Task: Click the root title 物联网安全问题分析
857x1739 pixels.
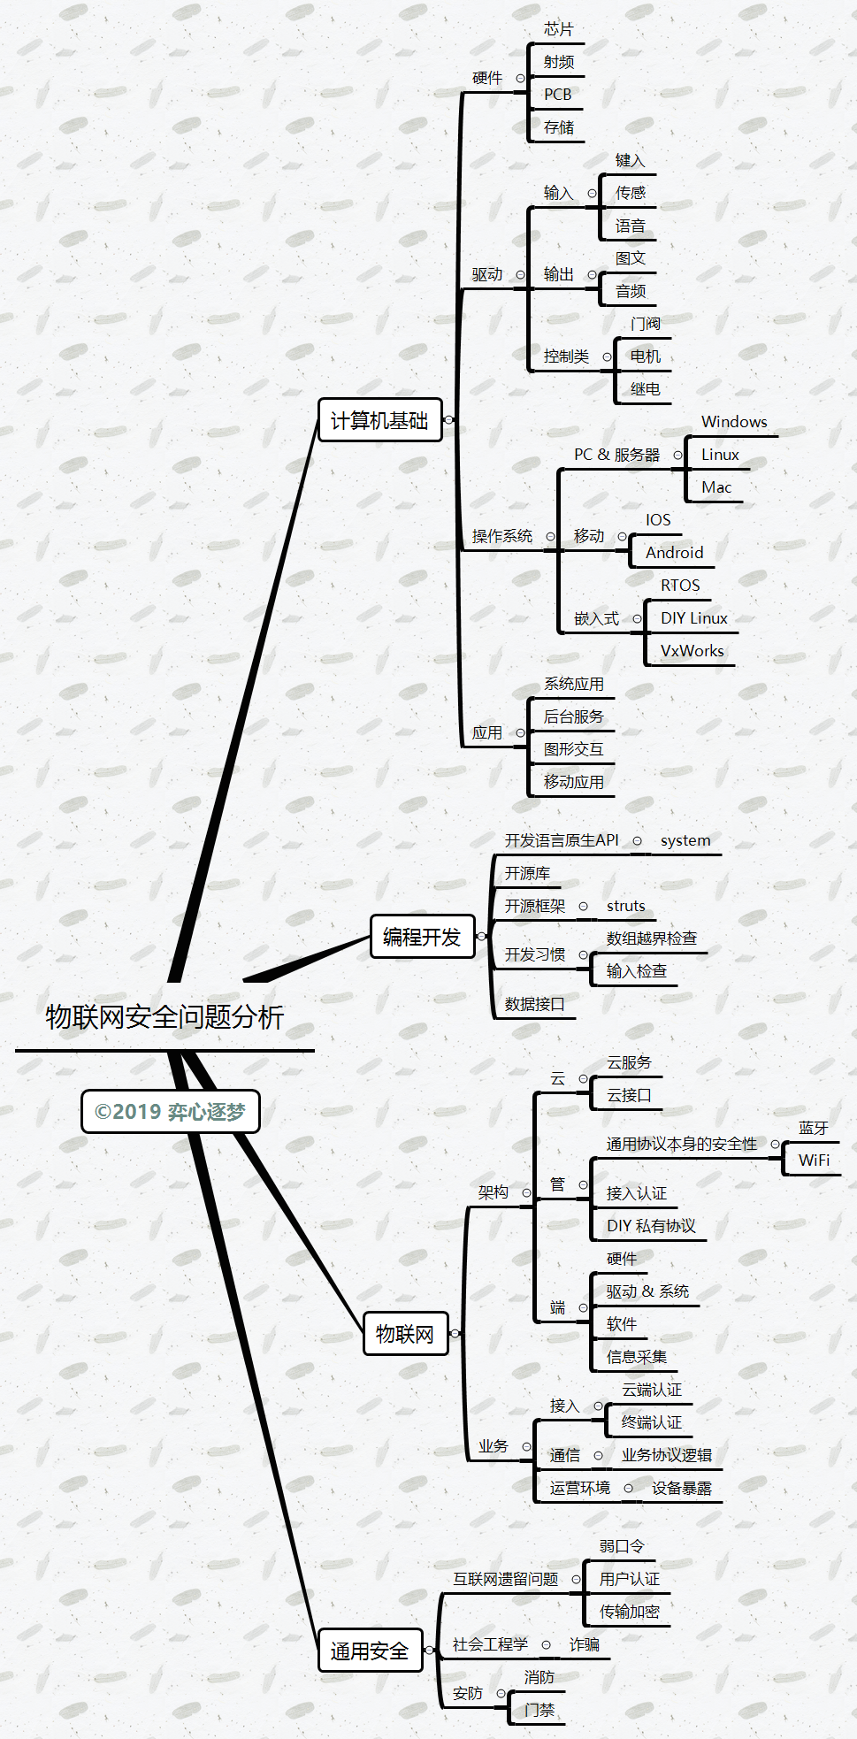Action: coord(165,1017)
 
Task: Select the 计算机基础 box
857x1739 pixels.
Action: coord(379,420)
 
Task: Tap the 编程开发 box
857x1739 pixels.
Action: coord(422,937)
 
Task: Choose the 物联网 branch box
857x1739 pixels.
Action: coord(405,1334)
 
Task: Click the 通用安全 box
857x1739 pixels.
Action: coord(370,1651)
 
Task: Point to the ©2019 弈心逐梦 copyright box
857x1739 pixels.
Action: coord(170,1112)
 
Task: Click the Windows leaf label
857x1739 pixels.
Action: coord(734,422)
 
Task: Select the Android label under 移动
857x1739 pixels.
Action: coord(674,553)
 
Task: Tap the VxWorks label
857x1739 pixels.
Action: coord(692,651)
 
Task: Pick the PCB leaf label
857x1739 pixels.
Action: coord(557,95)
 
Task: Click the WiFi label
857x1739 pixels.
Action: coord(814,1161)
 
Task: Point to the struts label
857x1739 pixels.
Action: coord(625,906)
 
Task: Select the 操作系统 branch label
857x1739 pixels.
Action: coord(502,536)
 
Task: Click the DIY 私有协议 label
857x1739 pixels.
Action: coord(651,1226)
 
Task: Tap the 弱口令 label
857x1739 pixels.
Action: coord(622,1546)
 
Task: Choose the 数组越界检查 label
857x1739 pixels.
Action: coord(651,938)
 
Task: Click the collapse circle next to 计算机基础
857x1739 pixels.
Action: coord(449,419)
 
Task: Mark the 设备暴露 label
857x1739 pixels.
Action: coord(681,1489)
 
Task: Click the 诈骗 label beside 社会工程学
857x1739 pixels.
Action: coord(585,1644)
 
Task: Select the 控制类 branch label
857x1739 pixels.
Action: coord(566,356)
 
